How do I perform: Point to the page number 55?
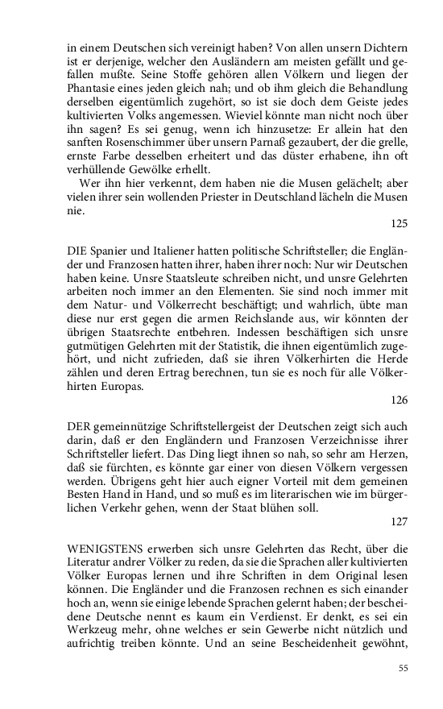(404, 668)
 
